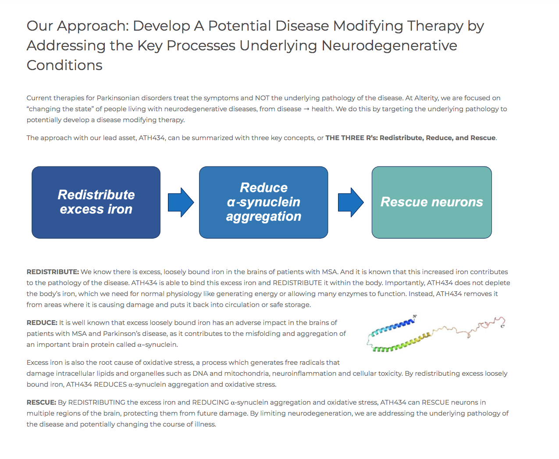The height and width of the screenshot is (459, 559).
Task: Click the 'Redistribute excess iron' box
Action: tap(96, 202)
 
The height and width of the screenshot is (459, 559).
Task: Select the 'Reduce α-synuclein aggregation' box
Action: tap(263, 202)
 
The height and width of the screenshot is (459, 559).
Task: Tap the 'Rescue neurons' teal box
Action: tap(431, 202)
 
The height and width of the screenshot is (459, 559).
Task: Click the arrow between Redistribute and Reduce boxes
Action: tap(181, 202)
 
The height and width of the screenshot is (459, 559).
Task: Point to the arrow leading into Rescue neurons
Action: tap(350, 202)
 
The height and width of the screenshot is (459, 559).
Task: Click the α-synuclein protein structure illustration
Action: tap(434, 334)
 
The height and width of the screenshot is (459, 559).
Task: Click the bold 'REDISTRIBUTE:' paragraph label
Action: tap(53, 272)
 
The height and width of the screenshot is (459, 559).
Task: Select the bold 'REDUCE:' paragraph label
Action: tap(42, 323)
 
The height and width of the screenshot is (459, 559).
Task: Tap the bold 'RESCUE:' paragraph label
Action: tap(41, 403)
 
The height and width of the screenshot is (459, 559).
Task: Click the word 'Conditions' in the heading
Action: tap(64, 65)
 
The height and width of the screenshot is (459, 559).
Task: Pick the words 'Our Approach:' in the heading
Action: tap(78, 26)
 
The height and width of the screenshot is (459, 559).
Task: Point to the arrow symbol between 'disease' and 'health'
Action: tap(306, 109)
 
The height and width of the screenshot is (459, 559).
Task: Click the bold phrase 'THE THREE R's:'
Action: tap(351, 138)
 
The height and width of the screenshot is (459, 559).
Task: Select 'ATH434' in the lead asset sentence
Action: tap(152, 138)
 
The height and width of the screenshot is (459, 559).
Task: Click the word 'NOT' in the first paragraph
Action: tap(262, 98)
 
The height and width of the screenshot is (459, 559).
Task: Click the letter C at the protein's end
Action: tap(503, 326)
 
